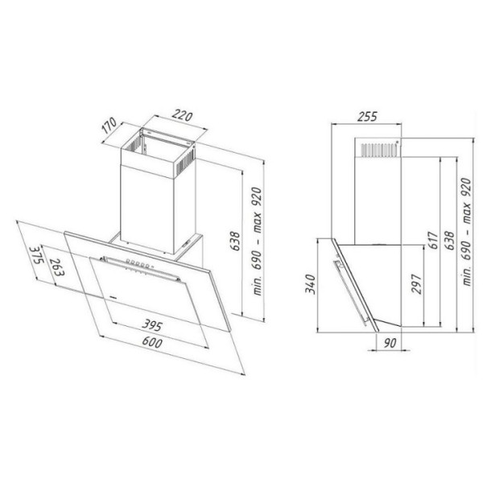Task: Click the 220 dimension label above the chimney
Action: click(x=182, y=115)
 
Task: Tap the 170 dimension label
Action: click(x=109, y=126)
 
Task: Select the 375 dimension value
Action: click(x=35, y=255)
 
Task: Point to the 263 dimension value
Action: click(x=57, y=266)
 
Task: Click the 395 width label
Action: click(x=152, y=325)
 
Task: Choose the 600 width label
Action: click(x=152, y=342)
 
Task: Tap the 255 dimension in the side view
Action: click(x=367, y=117)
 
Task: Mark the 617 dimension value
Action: click(x=433, y=241)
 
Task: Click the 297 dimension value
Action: click(x=416, y=283)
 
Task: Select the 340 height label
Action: click(x=310, y=284)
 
